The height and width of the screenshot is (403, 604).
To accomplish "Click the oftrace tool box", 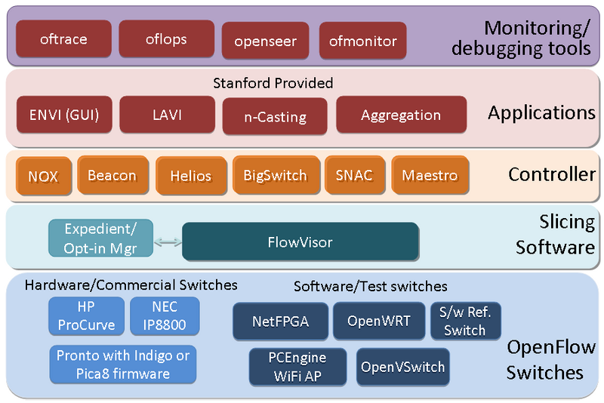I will (63, 39).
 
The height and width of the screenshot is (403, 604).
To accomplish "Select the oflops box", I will (165, 39).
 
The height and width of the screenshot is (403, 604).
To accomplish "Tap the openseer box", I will (265, 41).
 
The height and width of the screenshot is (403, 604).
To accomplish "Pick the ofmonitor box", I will (363, 41).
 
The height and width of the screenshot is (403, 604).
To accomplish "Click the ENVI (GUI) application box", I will (64, 115).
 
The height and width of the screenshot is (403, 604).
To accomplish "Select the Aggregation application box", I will (400, 115).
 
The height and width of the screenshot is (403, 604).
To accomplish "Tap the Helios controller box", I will (190, 177).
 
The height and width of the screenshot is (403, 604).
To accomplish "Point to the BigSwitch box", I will (275, 176).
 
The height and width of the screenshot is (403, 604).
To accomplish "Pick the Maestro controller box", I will (430, 176).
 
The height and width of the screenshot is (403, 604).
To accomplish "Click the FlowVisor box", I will (300, 242).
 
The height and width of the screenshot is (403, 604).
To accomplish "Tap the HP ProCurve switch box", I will (86, 315).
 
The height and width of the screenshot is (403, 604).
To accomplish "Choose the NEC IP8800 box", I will (165, 315).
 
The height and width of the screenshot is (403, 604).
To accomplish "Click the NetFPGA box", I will (280, 321).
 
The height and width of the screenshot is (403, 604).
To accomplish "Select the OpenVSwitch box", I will (402, 368).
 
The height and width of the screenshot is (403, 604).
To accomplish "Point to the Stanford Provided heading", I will (273, 82).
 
